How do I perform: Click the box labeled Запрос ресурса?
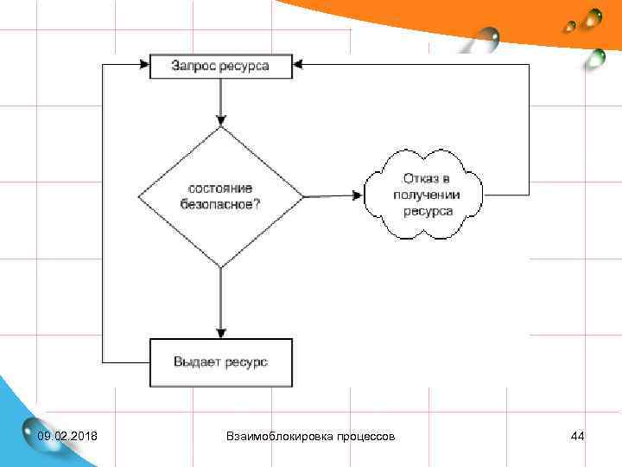click(x=221, y=67)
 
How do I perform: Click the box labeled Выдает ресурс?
click(x=221, y=361)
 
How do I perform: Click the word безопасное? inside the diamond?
click(x=221, y=205)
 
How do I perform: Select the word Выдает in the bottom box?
click(x=196, y=361)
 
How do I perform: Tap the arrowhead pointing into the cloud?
click(x=357, y=195)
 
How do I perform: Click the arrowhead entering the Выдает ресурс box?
click(x=221, y=331)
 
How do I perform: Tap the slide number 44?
click(x=578, y=436)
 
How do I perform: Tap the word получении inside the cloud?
click(x=426, y=195)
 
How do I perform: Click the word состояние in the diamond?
click(x=221, y=189)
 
